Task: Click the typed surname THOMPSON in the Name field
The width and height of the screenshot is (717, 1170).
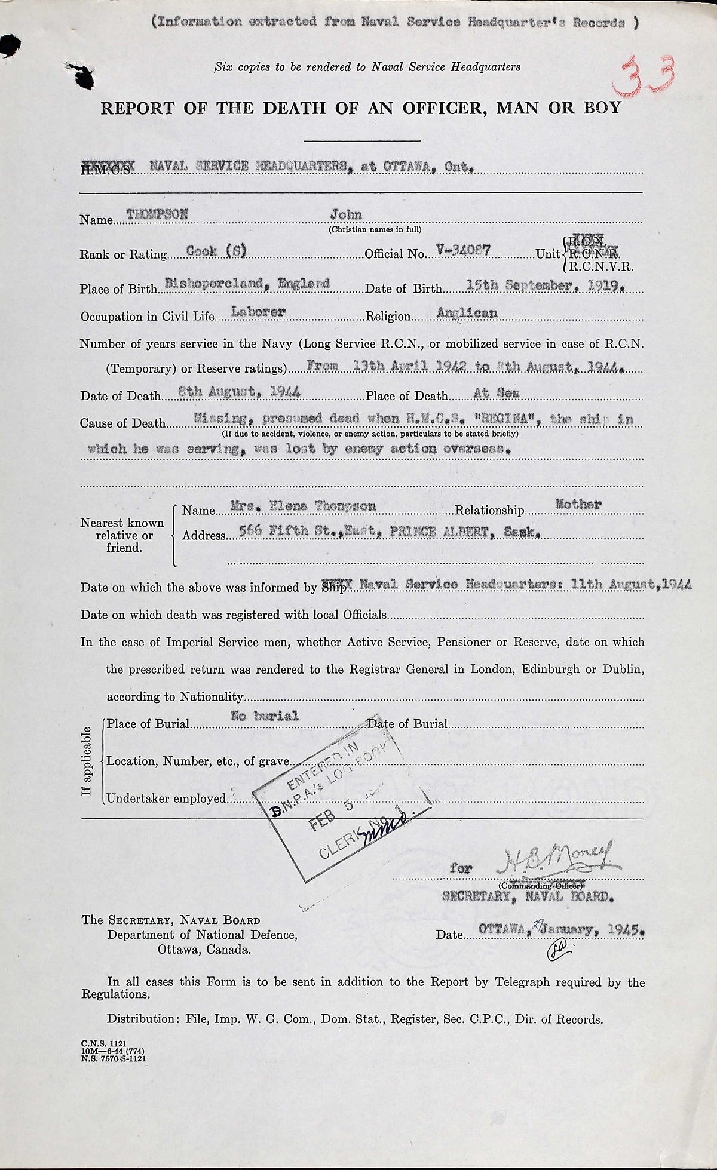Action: pyautogui.click(x=157, y=215)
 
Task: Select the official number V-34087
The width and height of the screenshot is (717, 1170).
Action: pyautogui.click(x=464, y=251)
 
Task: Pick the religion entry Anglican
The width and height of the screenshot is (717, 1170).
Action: pyautogui.click(x=467, y=312)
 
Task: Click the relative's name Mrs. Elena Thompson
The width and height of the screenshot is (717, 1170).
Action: pyautogui.click(x=304, y=506)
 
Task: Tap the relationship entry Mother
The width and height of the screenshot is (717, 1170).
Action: pyautogui.click(x=578, y=505)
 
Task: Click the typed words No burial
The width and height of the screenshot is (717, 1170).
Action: pyautogui.click(x=265, y=715)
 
